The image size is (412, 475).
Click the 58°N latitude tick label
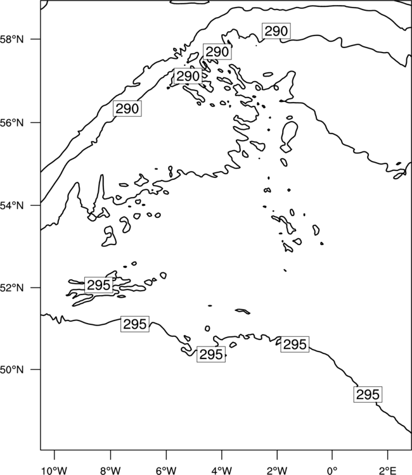pyautogui.click(x=12, y=39)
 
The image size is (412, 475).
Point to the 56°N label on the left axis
pyautogui.click(x=12, y=123)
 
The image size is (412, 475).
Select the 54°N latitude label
pyautogui.click(x=12, y=206)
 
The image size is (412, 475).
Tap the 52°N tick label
pyautogui.click(x=12, y=288)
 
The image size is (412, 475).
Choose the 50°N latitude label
pyautogui.click(x=12, y=370)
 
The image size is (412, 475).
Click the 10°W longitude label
pyautogui.click(x=55, y=471)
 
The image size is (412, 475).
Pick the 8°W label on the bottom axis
pyautogui.click(x=110, y=471)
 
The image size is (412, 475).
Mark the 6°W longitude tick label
pyautogui.click(x=166, y=471)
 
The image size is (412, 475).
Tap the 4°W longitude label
pyautogui.click(x=222, y=471)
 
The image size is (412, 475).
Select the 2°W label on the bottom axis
pyautogui.click(x=277, y=471)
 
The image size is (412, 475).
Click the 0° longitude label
pyautogui.click(x=332, y=471)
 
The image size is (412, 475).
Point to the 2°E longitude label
pyautogui.click(x=388, y=471)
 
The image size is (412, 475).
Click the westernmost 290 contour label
pyautogui.click(x=127, y=108)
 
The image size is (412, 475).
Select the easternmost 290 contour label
pyautogui.click(x=276, y=31)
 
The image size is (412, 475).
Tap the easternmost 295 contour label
pyautogui.click(x=368, y=395)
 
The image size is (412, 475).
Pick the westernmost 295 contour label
pyautogui.click(x=98, y=285)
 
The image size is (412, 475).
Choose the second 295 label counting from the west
pyautogui.click(x=135, y=324)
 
